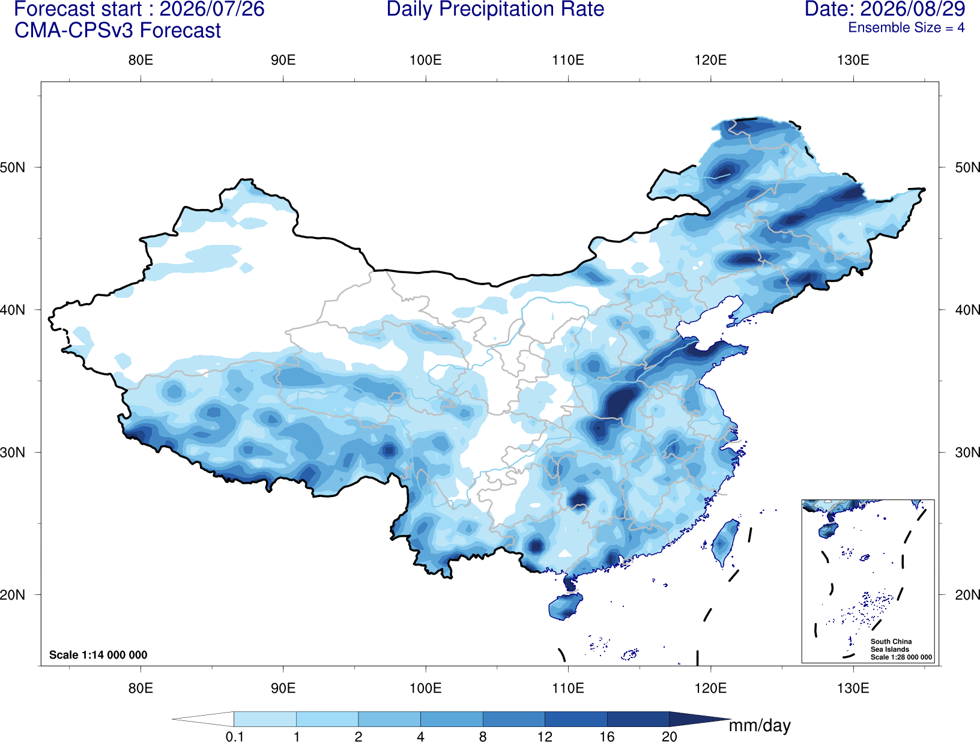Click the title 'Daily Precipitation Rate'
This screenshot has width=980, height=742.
495,9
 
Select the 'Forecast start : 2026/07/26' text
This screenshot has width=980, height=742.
139,9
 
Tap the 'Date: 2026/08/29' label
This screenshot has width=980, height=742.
885,9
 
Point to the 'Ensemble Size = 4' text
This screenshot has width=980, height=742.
906,28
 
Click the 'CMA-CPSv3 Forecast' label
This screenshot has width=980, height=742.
118,31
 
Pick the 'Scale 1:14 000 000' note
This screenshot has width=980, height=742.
98,654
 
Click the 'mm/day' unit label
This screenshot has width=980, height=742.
760,726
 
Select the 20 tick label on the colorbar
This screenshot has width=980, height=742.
670,736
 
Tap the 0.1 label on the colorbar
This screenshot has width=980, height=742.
234,736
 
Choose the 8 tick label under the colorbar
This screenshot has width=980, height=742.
483,736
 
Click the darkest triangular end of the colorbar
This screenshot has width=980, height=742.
699,719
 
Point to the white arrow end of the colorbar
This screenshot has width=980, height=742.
203,719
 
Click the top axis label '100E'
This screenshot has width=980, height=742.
426,60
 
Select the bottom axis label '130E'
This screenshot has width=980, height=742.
853,688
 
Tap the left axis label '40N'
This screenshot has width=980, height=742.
13,310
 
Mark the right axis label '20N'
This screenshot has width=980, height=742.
967,595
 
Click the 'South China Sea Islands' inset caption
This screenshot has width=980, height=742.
891,645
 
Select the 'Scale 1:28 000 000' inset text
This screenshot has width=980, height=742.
901,657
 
